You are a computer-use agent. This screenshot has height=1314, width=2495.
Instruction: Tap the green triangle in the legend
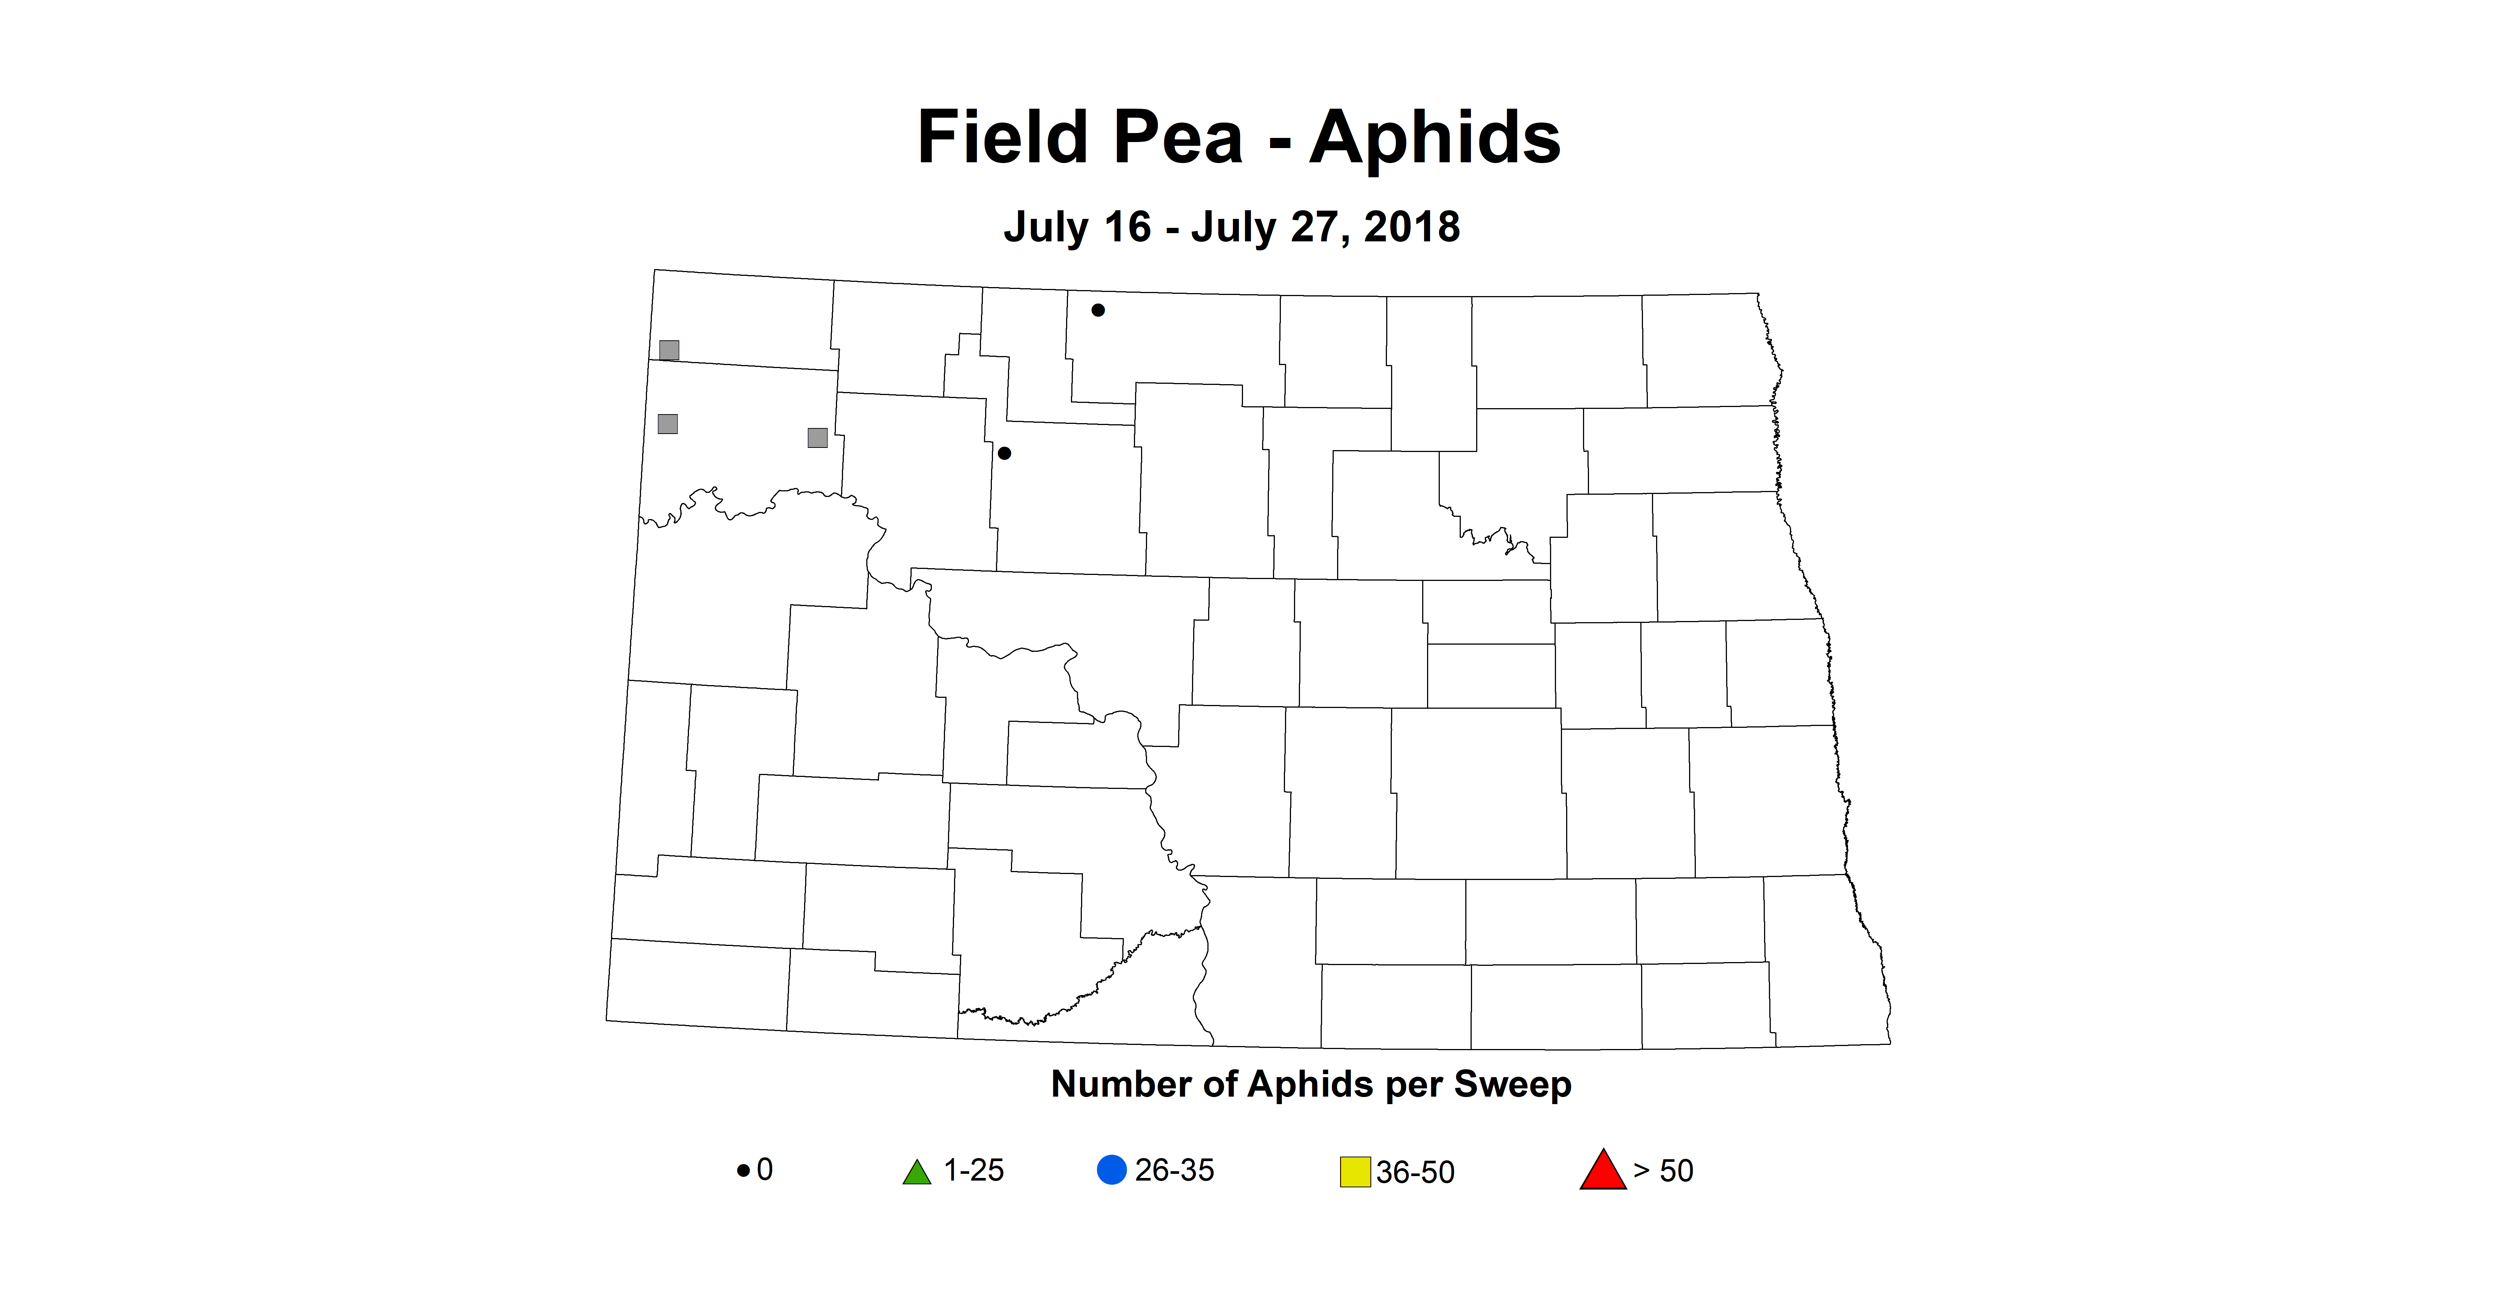916,1173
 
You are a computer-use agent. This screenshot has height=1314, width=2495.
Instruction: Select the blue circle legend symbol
1112,1170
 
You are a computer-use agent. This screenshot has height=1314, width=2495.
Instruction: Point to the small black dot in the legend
743,1171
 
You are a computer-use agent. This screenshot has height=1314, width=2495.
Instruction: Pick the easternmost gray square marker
818,438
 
